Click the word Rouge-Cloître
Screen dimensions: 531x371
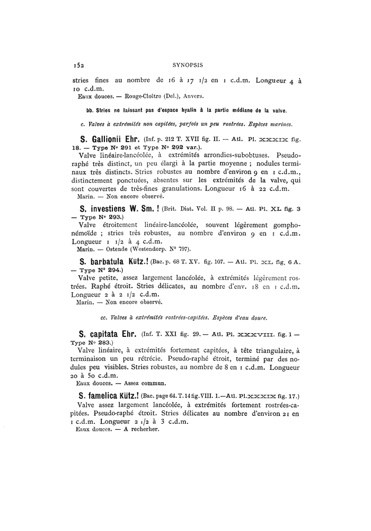[x=143, y=96]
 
